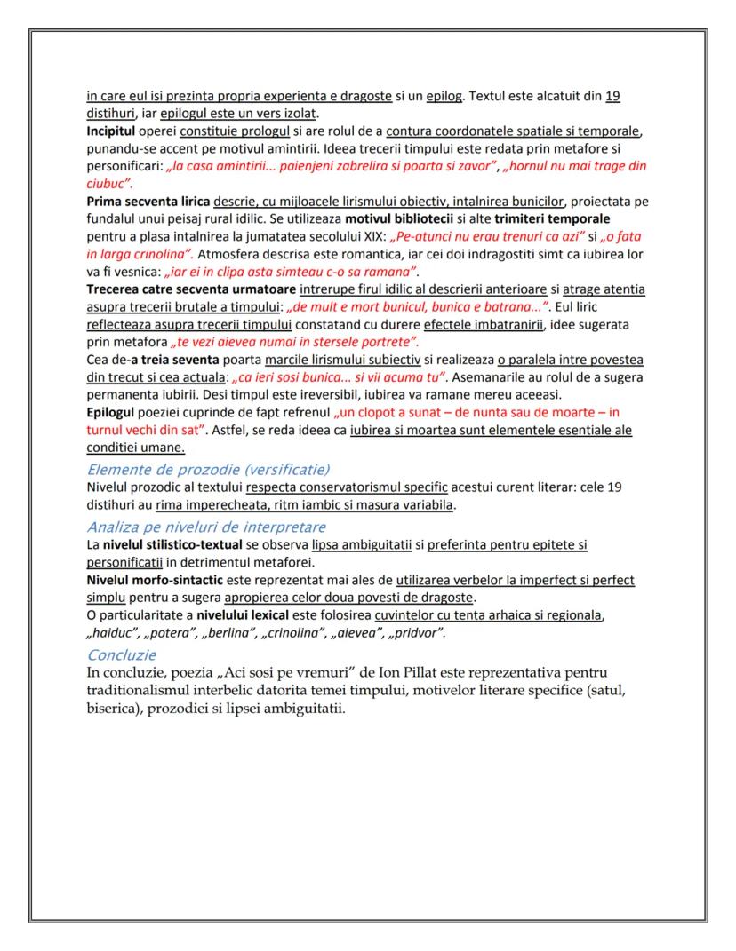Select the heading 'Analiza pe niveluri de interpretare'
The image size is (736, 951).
coord(206,526)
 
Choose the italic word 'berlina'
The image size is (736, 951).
coord(234,633)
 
